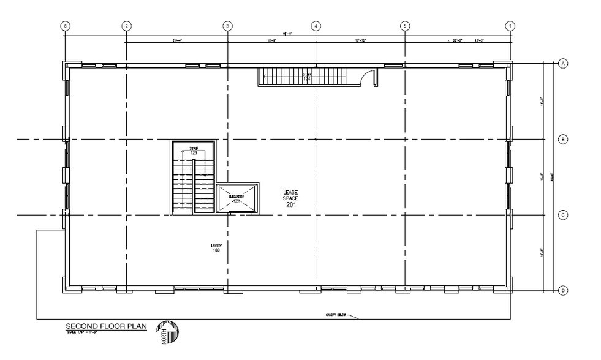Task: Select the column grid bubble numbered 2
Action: point(126,26)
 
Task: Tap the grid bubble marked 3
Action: point(227,26)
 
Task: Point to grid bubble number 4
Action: point(316,26)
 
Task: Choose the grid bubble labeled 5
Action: point(404,26)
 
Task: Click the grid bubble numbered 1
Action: point(510,26)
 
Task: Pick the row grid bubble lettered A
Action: point(563,62)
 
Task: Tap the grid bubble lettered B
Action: point(563,140)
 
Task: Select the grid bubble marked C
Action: point(563,215)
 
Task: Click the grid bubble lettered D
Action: point(563,291)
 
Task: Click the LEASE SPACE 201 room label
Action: point(290,198)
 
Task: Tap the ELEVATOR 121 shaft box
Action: point(236,197)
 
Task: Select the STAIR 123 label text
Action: point(194,150)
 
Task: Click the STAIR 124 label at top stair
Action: point(307,77)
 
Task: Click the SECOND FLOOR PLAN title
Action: point(107,326)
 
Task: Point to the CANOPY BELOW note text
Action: point(336,316)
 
